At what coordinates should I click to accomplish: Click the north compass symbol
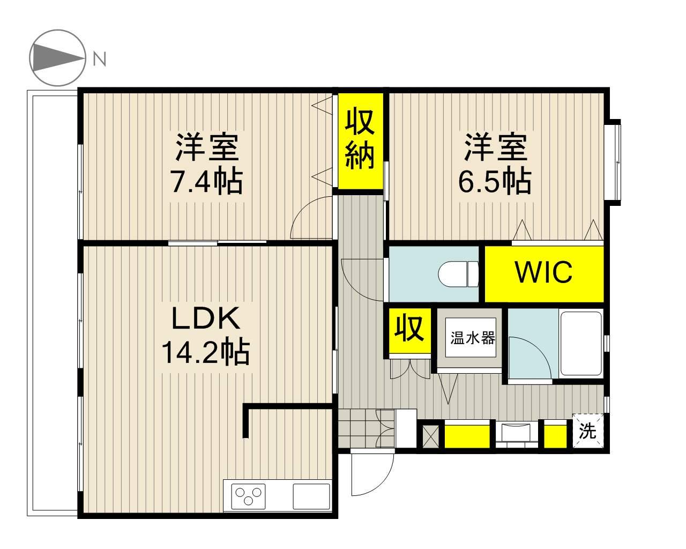(x=58, y=58)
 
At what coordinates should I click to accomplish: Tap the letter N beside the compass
(x=100, y=59)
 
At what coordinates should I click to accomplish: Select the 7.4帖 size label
(x=207, y=182)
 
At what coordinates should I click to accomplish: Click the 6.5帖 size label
(x=495, y=182)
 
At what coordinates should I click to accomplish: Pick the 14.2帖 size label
(x=206, y=352)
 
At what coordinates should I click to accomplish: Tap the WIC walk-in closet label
(x=544, y=272)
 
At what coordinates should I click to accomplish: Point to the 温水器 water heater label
(x=473, y=338)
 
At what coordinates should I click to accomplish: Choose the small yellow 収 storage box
(x=409, y=330)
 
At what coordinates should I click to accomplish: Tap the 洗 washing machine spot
(x=588, y=431)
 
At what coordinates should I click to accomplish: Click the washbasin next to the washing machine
(x=517, y=433)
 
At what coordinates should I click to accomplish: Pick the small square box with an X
(x=431, y=436)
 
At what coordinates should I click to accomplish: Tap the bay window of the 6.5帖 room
(x=613, y=162)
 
